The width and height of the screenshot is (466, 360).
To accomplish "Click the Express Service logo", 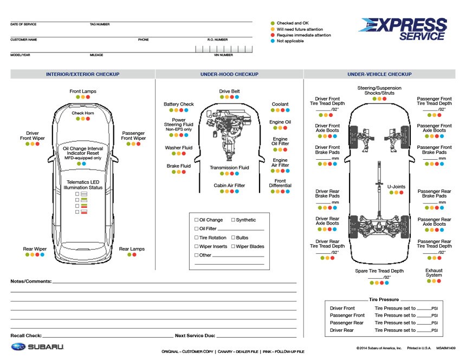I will [403, 29].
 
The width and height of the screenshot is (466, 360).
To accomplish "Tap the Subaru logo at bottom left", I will [37, 346].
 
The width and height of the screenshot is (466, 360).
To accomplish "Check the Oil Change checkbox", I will [197, 220].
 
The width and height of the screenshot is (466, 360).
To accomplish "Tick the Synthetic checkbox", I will [234, 220].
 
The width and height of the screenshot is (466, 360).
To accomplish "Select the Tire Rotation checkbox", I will [197, 238].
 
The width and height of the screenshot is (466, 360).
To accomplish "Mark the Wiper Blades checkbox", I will [234, 246].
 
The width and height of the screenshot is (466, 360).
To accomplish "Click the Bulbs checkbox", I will [234, 238].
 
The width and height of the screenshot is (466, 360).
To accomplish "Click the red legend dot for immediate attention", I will [273, 35].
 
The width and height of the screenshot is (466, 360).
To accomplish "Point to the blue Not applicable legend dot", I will [273, 41].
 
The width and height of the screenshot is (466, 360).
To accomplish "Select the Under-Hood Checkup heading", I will [229, 74].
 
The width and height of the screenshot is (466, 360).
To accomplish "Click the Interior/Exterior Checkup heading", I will [82, 74].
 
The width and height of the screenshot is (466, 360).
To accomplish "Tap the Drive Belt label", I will [229, 91].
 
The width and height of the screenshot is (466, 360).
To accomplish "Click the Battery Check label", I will [178, 104].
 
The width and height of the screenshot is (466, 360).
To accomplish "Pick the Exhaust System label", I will [433, 273].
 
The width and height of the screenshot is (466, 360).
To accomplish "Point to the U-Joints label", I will [396, 187].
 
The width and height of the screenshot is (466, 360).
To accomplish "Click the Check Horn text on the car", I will [83, 113].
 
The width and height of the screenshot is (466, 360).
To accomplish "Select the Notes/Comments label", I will [31, 282].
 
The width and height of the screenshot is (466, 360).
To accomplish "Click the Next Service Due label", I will [195, 336].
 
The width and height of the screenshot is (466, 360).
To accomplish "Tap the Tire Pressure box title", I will [384, 299].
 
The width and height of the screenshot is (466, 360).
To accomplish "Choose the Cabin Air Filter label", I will [229, 185].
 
